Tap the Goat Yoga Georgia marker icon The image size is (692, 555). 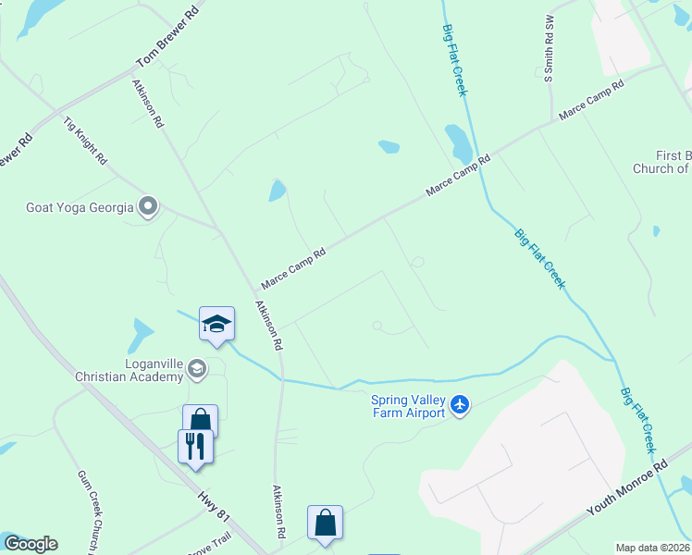tap(147, 206)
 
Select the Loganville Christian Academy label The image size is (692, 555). tap(130, 370)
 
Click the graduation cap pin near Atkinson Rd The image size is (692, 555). tap(216, 325)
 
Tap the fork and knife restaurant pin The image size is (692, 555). tap(195, 447)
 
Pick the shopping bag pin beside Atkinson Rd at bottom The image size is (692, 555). tap(326, 523)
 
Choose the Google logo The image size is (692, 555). tap(30, 544)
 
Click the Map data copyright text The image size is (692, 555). tap(653, 548)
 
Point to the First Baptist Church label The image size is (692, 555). tap(661, 162)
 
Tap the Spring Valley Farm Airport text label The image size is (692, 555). tap(409, 406)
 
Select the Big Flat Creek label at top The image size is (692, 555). tap(453, 57)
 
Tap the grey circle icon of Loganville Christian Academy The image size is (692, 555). tap(196, 370)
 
